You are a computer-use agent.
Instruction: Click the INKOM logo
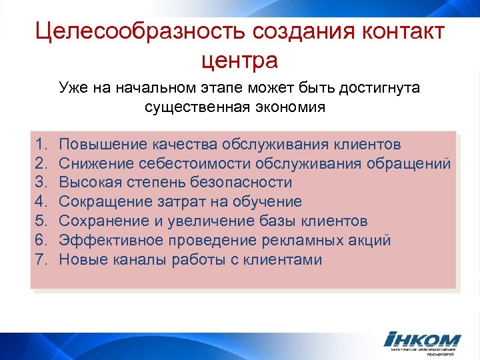click(423, 341)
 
